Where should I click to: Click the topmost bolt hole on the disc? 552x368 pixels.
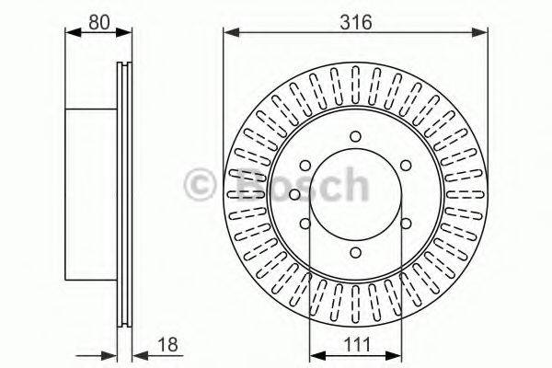[355, 138]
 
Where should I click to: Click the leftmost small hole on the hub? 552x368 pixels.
[293, 193]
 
